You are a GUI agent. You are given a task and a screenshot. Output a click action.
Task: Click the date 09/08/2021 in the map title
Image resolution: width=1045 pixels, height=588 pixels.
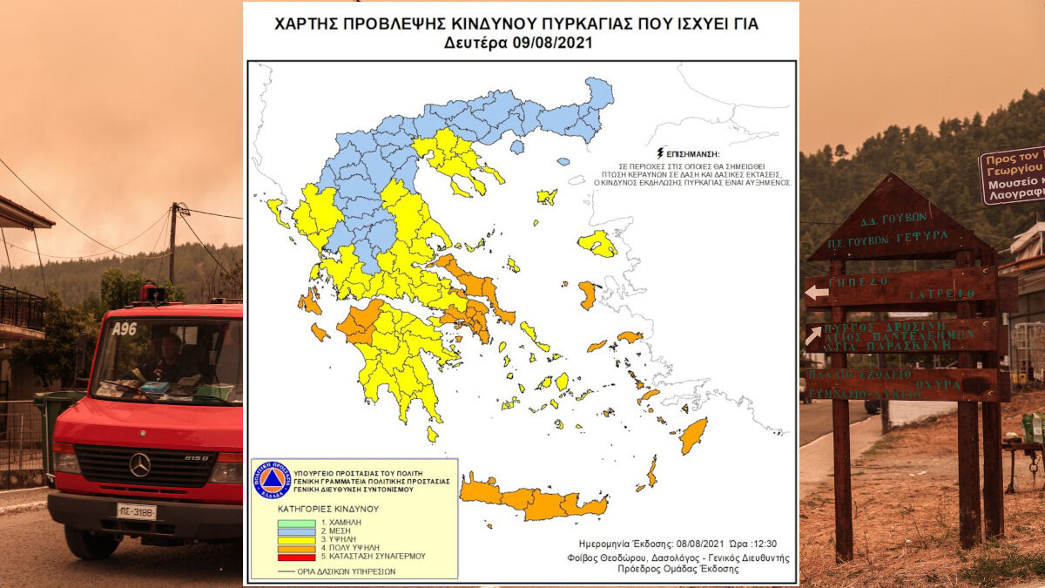[553, 43]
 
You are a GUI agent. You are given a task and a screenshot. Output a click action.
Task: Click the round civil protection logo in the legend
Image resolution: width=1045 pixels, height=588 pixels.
[272, 481]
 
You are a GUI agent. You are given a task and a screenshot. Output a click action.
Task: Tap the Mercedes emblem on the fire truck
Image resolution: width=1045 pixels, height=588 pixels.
[139, 464]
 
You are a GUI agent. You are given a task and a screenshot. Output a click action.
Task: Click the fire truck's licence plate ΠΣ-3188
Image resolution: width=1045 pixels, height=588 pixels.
[136, 511]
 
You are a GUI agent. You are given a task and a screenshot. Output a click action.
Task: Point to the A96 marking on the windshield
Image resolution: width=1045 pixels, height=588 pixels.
[125, 328]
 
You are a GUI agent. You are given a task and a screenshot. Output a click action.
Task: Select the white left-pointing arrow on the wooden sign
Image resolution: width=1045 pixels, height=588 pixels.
[816, 293]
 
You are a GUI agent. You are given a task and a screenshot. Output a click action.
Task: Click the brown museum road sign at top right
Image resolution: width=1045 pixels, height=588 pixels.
[1013, 175]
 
